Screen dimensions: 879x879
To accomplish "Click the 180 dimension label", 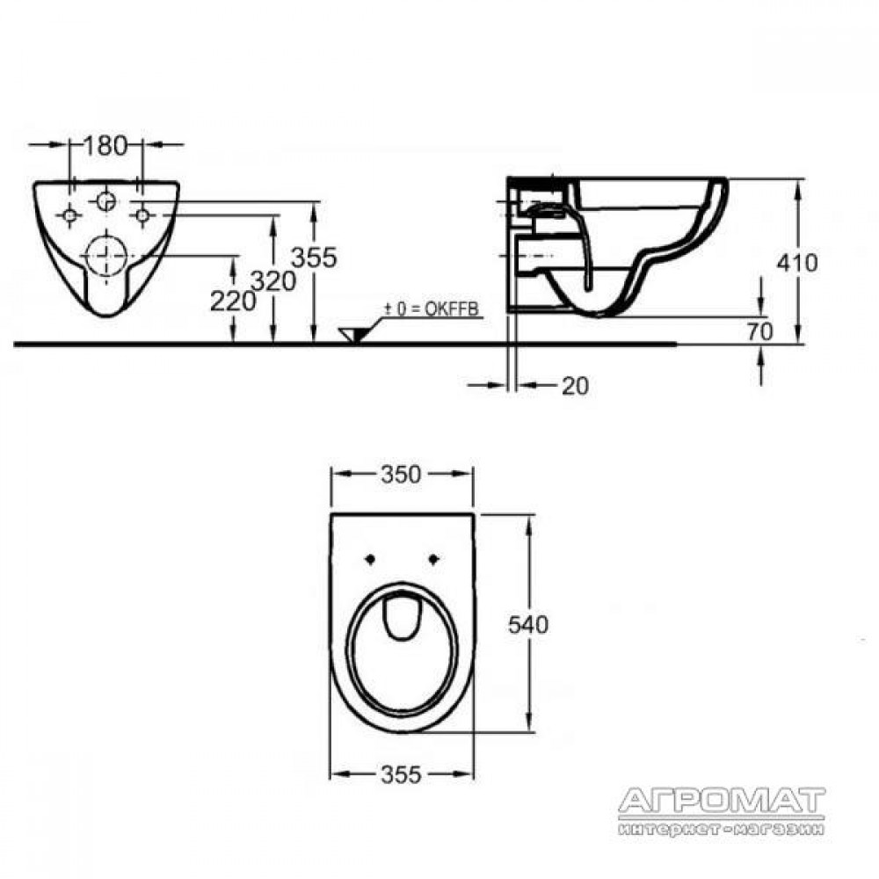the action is point(105,146).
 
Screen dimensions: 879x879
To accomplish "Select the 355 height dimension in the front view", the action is point(314,258).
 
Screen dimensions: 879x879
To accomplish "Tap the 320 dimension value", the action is point(273,281).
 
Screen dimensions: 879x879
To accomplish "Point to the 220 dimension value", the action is point(233,302).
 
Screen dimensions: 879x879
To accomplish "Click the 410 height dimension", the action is point(797,263).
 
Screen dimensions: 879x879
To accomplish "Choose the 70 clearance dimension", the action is point(759,331).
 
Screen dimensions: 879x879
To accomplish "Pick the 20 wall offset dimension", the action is point(575,386).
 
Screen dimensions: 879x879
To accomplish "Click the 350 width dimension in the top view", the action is point(401,475).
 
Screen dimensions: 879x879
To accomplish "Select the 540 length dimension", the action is point(528,624).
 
